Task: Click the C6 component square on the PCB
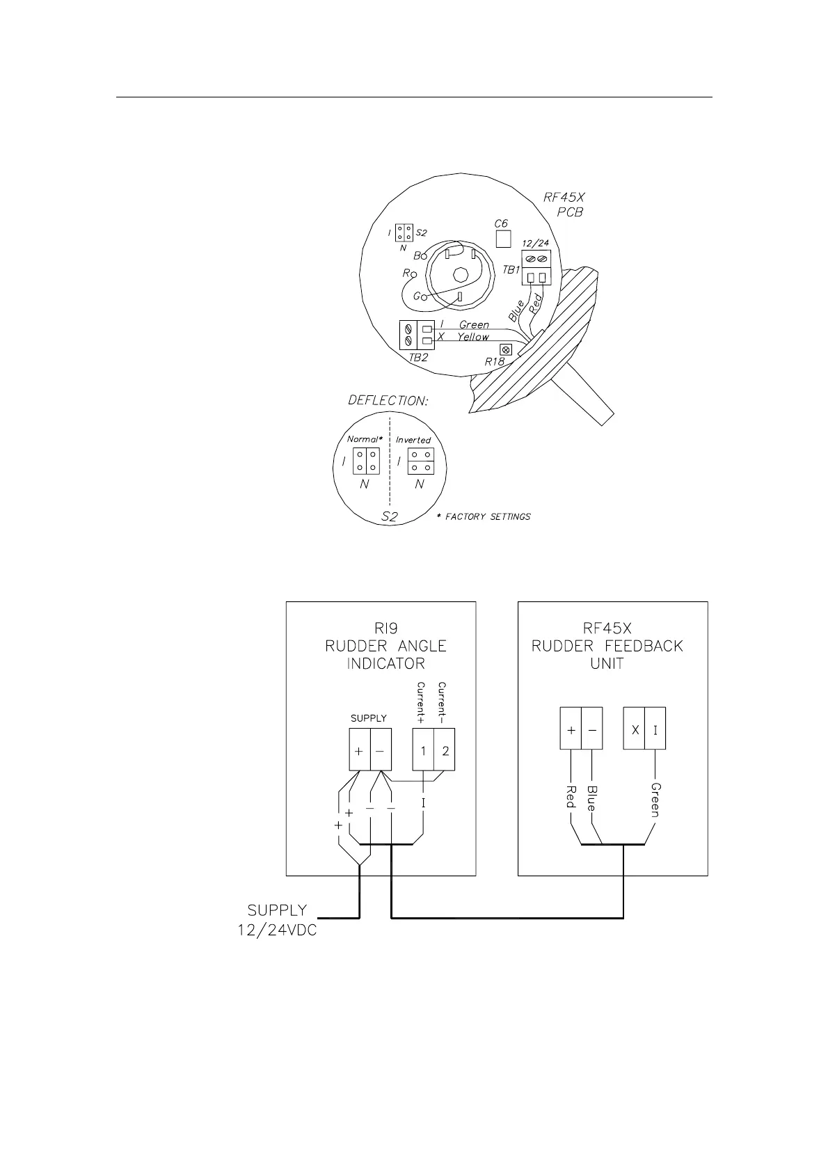[502, 239]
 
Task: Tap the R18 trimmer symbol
[506, 350]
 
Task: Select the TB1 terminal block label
[511, 269]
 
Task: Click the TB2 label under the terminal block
[418, 358]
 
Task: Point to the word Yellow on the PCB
[472, 337]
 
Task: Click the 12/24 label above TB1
[535, 243]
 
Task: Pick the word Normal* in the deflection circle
[365, 439]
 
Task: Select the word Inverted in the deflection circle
[413, 440]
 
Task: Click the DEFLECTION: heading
[387, 401]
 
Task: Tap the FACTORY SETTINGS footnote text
[488, 516]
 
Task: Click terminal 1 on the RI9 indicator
[423, 751]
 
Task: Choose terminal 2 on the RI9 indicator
[445, 751]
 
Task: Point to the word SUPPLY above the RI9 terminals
[368, 718]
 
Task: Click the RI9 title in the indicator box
[385, 628]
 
